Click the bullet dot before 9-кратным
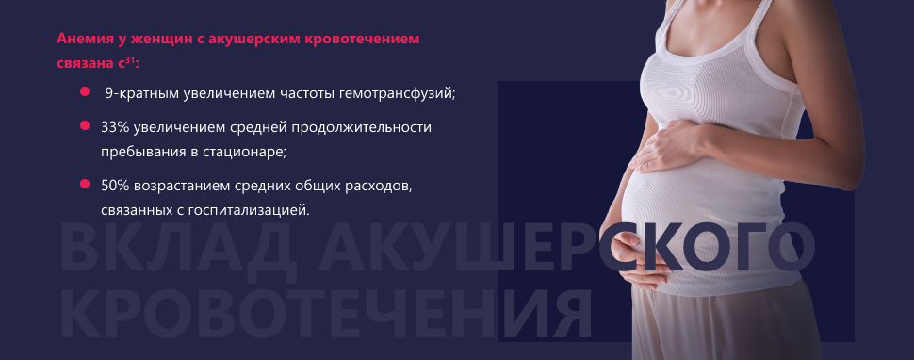tap(85, 91)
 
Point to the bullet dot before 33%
tap(85, 125)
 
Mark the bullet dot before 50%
tap(85, 184)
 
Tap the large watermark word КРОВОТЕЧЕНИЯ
tap(325, 315)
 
